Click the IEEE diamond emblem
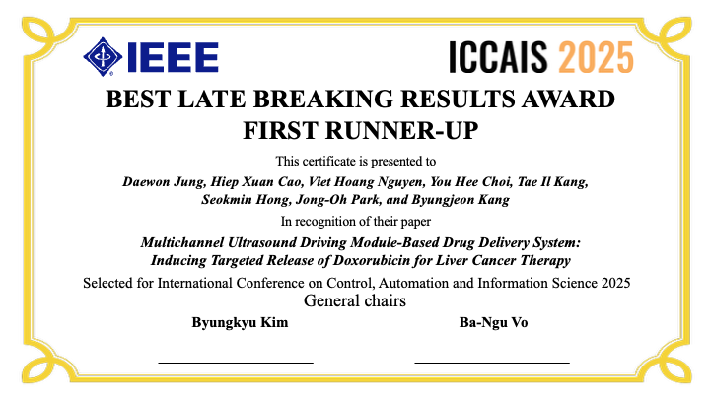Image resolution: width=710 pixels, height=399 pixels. click(x=103, y=56)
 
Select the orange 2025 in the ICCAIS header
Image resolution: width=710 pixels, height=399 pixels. click(x=596, y=58)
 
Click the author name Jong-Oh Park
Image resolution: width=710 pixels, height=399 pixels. click(x=331, y=200)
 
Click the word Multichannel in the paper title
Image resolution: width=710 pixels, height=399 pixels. click(x=184, y=243)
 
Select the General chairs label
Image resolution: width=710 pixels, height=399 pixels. click(x=354, y=301)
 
